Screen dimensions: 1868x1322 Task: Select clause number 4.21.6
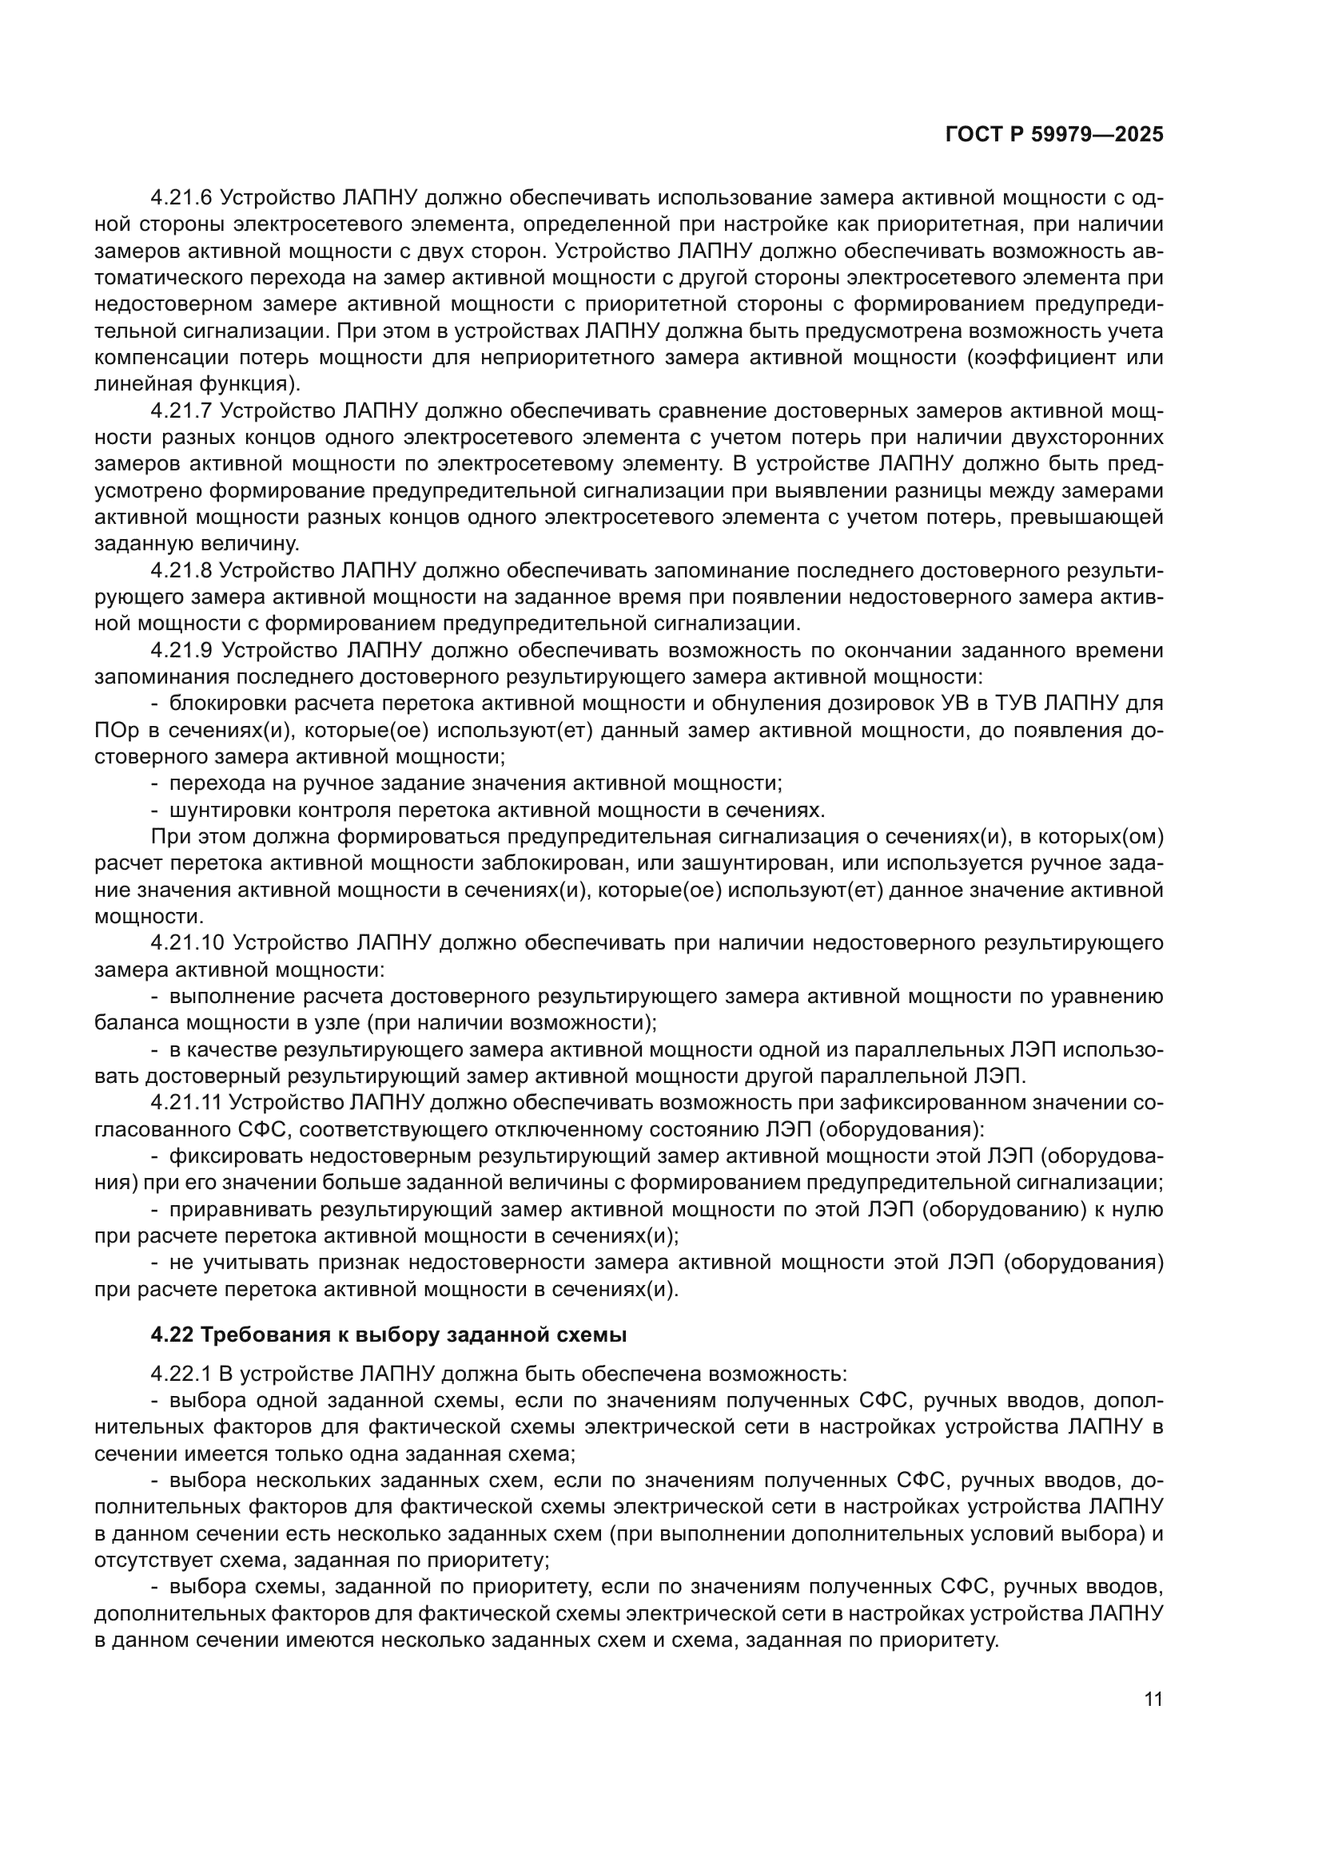181,198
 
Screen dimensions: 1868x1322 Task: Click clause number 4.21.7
181,410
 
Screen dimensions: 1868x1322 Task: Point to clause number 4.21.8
181,570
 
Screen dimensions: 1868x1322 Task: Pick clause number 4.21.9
181,650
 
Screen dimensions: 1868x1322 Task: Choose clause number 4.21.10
187,943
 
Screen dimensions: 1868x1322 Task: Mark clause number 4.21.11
185,1102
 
